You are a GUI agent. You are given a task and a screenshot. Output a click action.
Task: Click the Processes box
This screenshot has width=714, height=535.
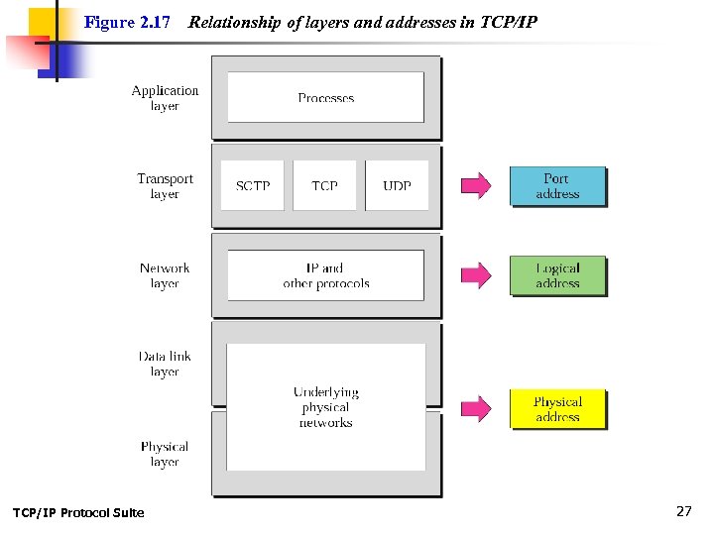coord(325,97)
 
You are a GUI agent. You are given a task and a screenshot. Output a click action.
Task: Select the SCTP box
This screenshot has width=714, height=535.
coord(253,185)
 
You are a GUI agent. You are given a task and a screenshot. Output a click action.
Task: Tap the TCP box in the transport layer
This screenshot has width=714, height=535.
coord(324,185)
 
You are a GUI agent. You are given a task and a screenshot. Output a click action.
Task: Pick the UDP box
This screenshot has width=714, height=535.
coord(397,185)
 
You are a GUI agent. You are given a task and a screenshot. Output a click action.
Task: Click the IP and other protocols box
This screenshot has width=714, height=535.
coord(325,275)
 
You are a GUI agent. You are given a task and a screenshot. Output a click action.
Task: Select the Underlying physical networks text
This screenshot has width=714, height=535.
coord(325,407)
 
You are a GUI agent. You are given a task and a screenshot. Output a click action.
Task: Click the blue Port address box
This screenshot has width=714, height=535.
coord(556,186)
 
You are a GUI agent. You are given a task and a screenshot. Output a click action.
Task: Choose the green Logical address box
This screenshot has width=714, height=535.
coord(556,275)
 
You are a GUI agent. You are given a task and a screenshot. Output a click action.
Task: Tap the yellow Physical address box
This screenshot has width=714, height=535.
coord(556,409)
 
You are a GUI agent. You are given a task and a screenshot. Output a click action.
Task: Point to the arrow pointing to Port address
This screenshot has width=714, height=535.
coord(476,185)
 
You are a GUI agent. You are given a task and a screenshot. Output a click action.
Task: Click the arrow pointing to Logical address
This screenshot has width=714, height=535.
coord(476,275)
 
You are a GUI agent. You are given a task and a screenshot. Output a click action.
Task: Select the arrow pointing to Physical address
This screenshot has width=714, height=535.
coord(476,408)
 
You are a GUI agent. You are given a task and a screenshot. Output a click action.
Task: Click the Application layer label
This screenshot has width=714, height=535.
coord(165,98)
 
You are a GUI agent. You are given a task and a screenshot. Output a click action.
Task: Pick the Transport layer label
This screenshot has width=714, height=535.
coord(165,186)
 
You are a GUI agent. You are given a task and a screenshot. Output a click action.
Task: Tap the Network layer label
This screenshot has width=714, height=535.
coord(165,275)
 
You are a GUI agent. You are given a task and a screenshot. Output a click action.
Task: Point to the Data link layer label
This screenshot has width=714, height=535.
coord(165,364)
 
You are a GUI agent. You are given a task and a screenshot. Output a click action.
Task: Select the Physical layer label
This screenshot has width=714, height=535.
coord(165,454)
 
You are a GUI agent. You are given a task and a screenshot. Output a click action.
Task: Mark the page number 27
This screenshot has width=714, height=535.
coord(683,511)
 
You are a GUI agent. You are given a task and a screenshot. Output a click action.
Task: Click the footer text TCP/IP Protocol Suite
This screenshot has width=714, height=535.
coord(77,512)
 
